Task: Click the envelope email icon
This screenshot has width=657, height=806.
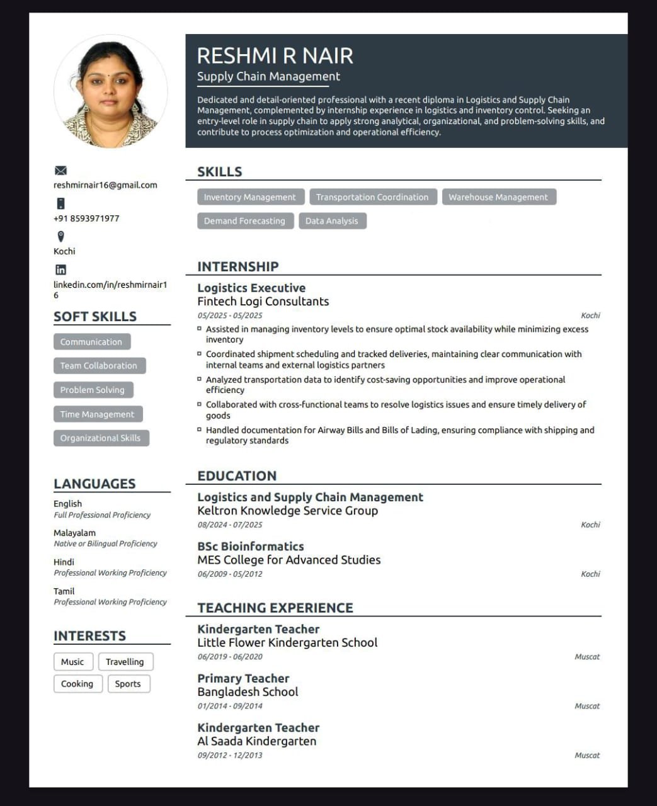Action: pos(60,171)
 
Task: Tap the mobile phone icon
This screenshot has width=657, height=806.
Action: pos(60,203)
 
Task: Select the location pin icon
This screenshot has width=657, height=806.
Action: pos(60,237)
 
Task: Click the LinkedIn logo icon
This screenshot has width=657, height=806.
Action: pos(60,270)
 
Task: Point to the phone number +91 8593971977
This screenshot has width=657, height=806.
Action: pos(86,219)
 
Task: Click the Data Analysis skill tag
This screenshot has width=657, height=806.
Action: pos(331,221)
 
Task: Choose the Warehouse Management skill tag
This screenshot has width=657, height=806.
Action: pos(498,197)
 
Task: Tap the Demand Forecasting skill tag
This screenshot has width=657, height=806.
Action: pos(244,221)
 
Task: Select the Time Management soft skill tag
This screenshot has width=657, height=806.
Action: pos(97,414)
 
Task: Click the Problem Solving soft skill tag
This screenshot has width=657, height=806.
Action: pos(92,390)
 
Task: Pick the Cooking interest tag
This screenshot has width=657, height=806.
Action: pos(77,684)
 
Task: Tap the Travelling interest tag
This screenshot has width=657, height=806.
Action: pos(125,662)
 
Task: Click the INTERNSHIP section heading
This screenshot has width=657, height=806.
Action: pos(237,266)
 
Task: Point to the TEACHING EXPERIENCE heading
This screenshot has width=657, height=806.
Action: pos(275,608)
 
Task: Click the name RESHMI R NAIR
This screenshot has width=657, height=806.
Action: pos(275,56)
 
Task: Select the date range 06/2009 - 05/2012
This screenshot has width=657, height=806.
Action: pos(230,574)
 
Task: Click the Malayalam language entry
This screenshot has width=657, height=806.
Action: pos(74,533)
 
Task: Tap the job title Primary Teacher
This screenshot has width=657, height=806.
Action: pos(243,678)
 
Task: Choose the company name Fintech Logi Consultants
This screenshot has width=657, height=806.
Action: pos(263,302)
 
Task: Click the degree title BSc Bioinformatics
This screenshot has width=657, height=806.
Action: pos(250,547)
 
